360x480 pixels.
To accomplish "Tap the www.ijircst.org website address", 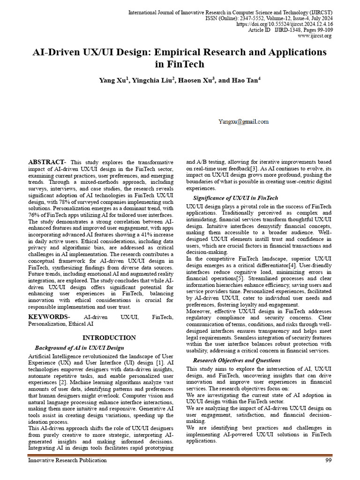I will [x=315, y=36].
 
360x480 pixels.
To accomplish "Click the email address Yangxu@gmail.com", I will [x=243, y=122].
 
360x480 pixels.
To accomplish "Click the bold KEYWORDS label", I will [x=49, y=317].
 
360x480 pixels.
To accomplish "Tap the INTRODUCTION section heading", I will [x=109, y=337].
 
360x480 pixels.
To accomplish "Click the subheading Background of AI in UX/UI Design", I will [x=79, y=348].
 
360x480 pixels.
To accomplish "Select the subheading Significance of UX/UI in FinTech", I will [x=235, y=198].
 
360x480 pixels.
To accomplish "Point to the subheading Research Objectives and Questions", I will [x=237, y=360].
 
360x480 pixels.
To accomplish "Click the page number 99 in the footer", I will [x=329, y=460].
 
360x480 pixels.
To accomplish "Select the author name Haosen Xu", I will [x=197, y=81].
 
